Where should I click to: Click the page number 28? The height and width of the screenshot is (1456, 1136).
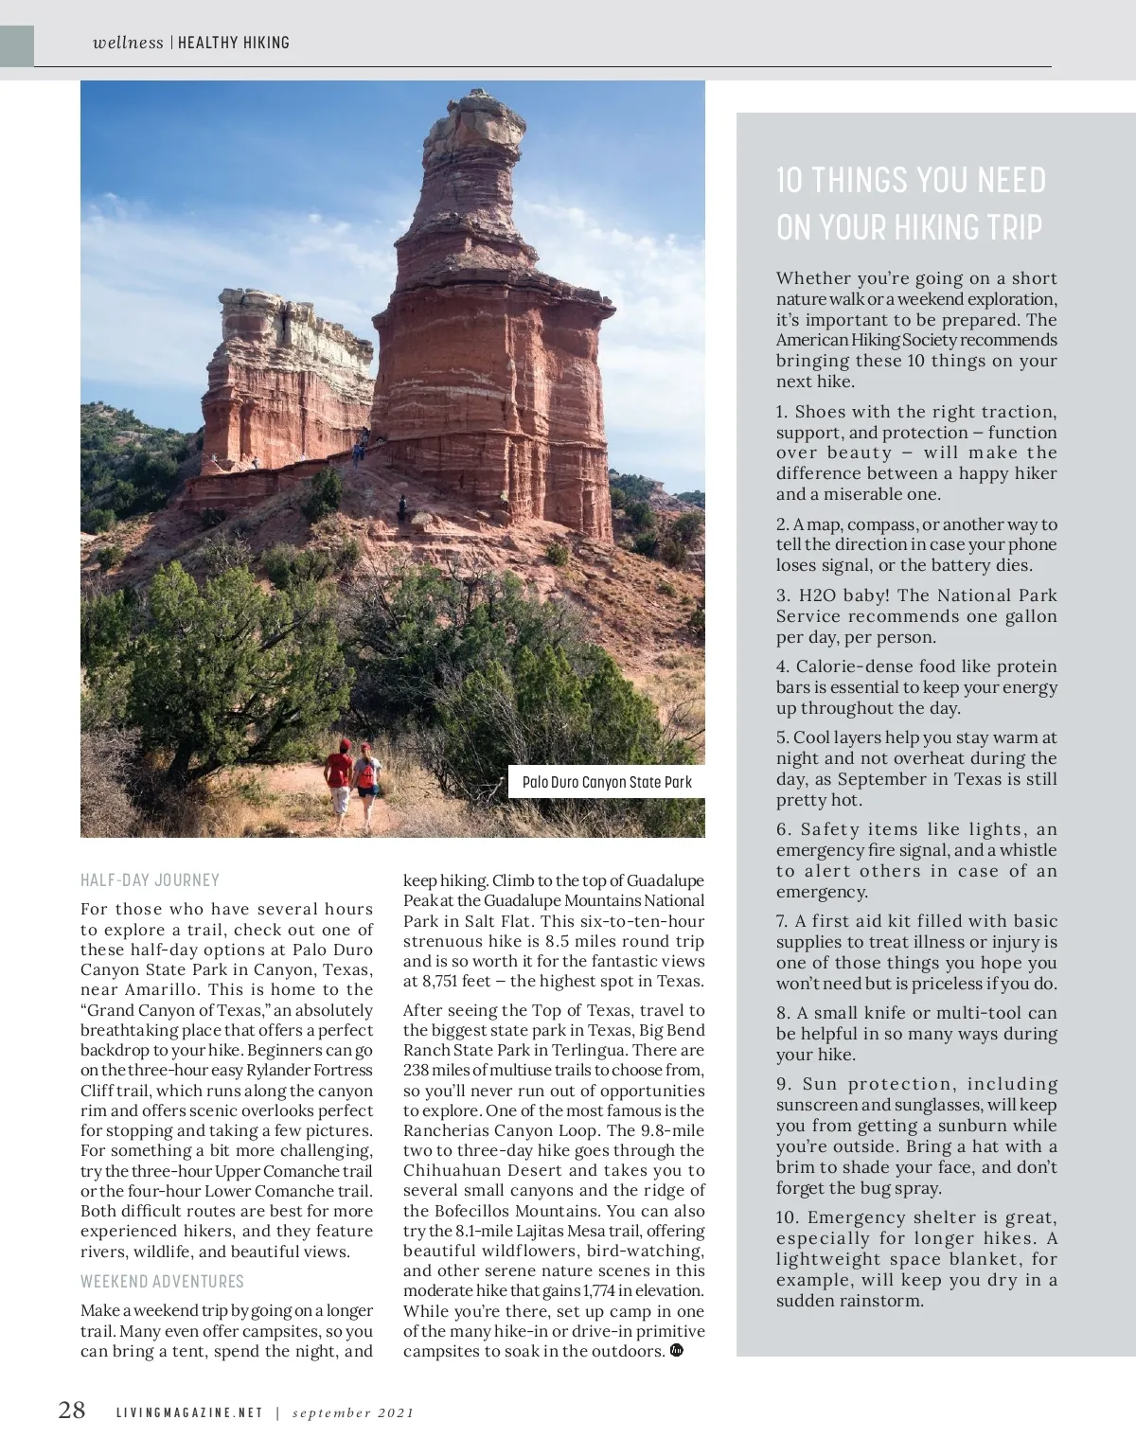pyautogui.click(x=72, y=1411)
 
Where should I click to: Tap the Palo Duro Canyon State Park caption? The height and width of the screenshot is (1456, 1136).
pyautogui.click(x=607, y=782)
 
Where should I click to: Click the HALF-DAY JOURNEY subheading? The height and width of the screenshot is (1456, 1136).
pyautogui.click(x=150, y=879)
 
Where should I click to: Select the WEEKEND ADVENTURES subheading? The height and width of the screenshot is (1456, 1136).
pyautogui.click(x=162, y=1281)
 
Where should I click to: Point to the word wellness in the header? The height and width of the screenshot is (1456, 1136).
pyautogui.click(x=128, y=43)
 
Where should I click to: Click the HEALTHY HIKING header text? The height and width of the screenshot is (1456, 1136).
pyautogui.click(x=234, y=43)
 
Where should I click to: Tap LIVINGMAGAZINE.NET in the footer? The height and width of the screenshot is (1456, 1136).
pyautogui.click(x=188, y=1412)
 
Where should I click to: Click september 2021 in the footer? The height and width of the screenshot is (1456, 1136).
pyautogui.click(x=353, y=1412)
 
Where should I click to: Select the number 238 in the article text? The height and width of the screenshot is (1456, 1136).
pyautogui.click(x=417, y=1070)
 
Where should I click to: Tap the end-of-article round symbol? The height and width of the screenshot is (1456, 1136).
pyautogui.click(x=676, y=1350)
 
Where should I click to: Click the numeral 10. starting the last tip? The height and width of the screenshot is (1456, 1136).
pyautogui.click(x=789, y=1217)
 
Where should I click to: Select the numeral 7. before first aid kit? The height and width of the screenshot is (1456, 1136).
pyautogui.click(x=782, y=921)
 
